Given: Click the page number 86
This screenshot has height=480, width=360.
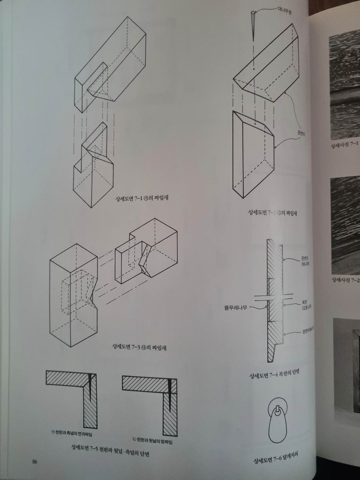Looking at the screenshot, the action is [35, 461].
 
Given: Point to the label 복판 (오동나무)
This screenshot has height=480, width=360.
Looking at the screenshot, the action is [304, 305].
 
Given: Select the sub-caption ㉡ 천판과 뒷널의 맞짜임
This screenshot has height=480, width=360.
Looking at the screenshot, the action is [152, 441].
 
